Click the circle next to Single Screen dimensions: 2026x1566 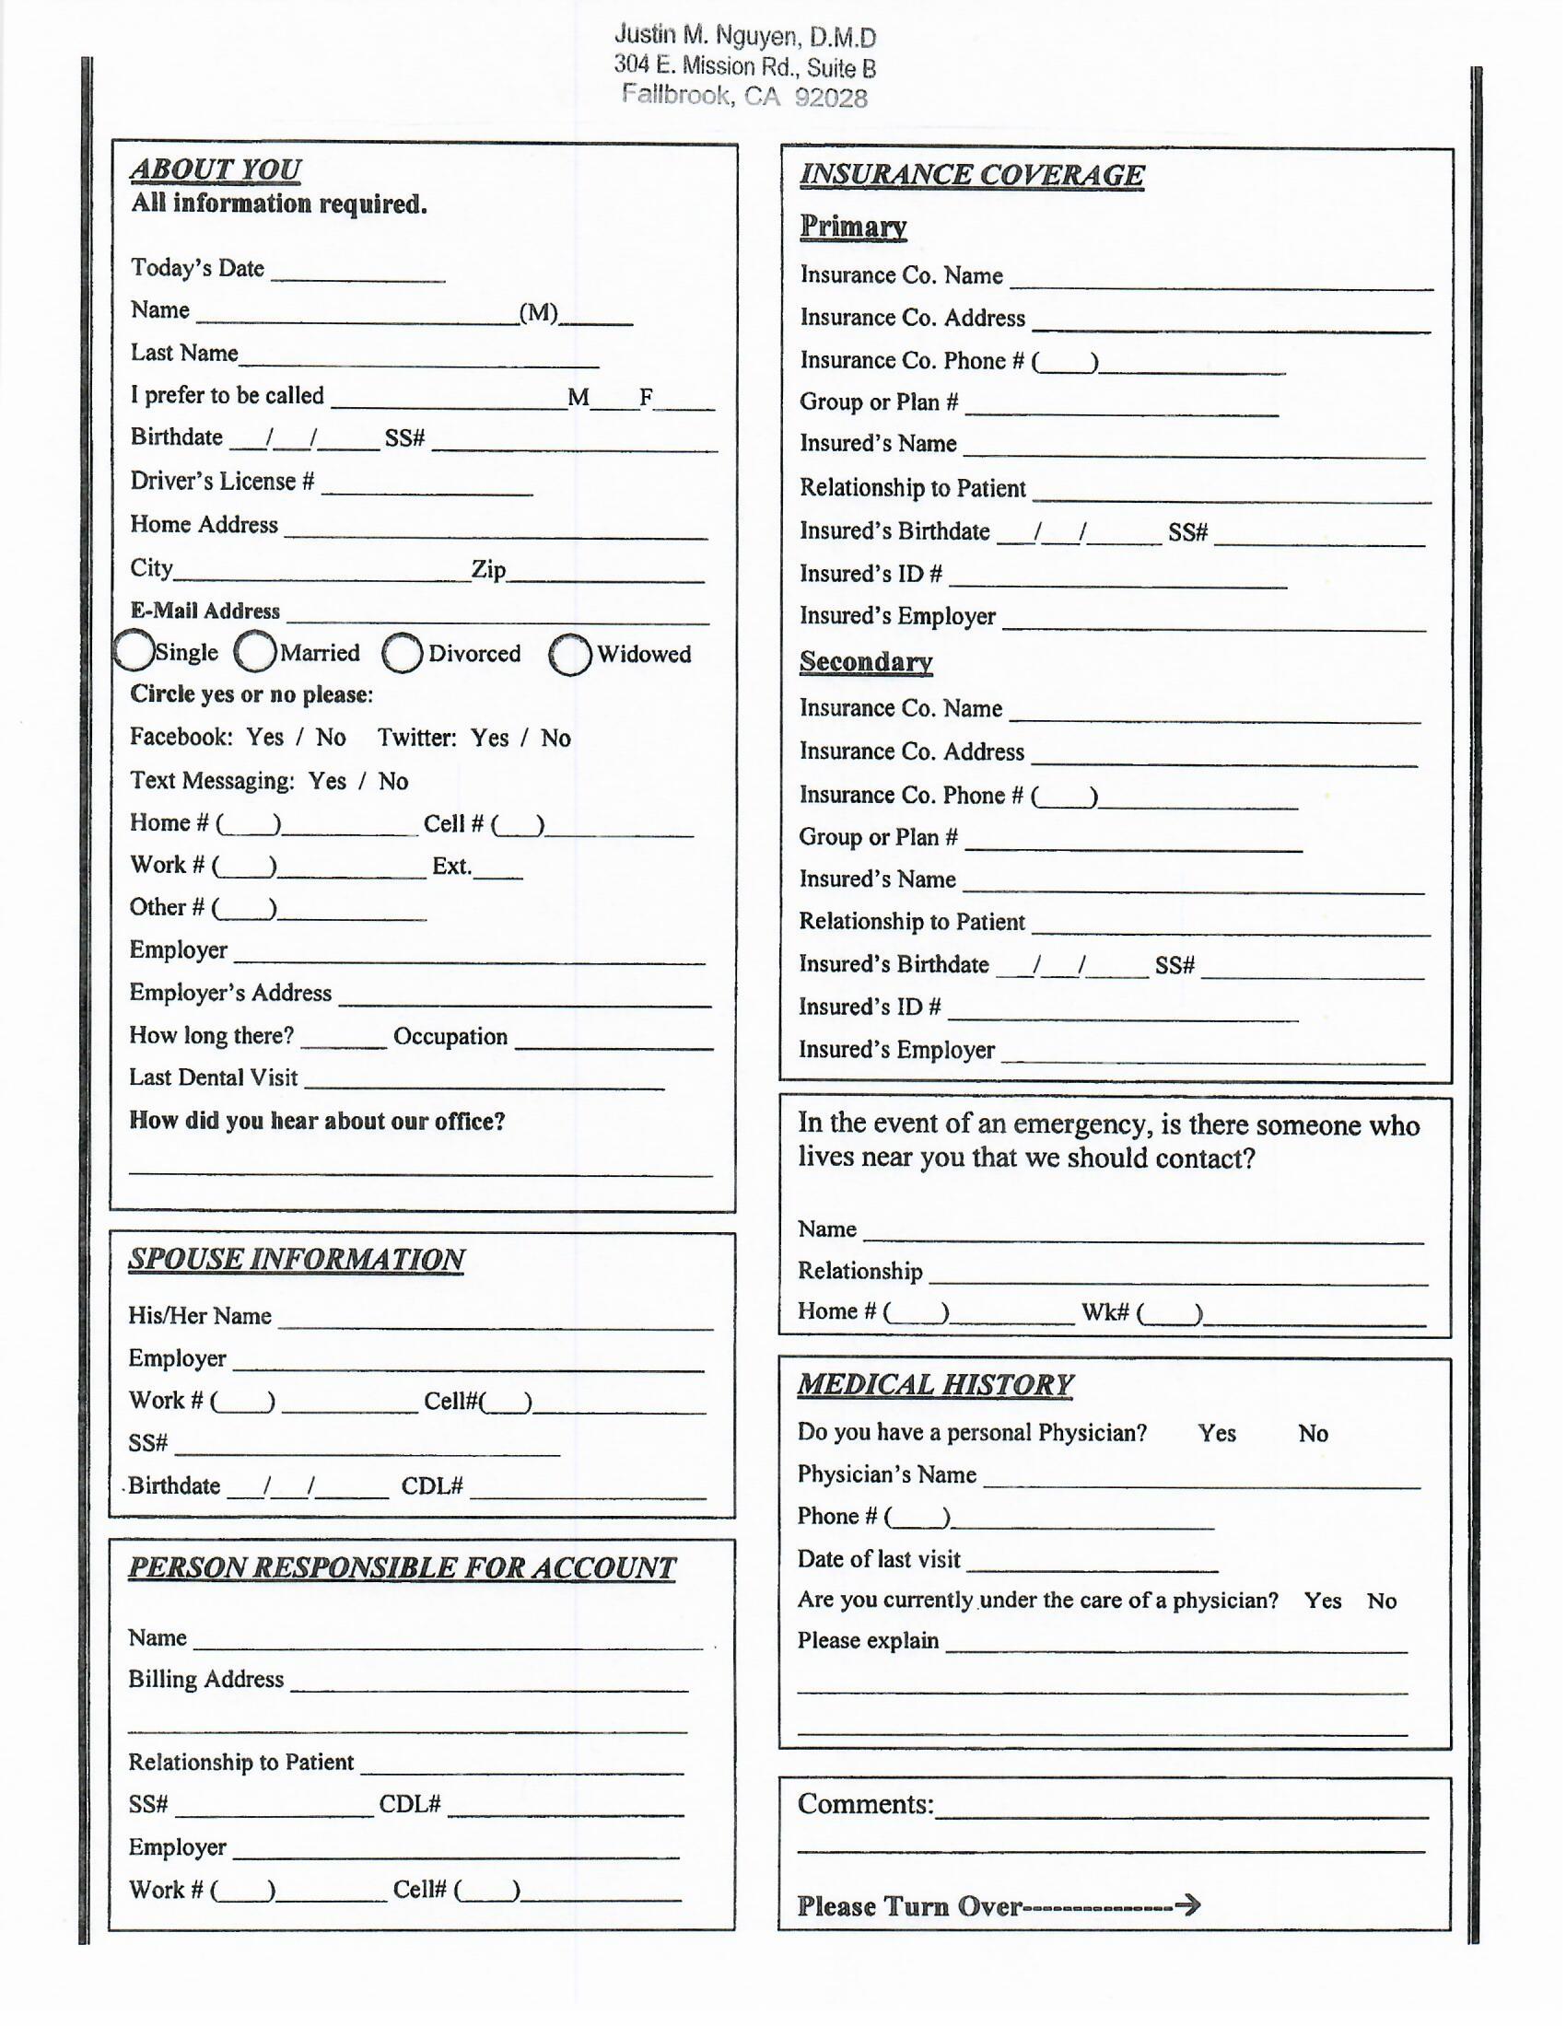point(133,650)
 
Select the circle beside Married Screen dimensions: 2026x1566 point(255,651)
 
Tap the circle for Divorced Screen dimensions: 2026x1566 point(403,653)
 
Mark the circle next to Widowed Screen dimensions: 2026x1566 point(569,655)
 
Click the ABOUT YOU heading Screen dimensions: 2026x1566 point(216,169)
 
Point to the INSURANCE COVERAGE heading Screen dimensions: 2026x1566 point(971,175)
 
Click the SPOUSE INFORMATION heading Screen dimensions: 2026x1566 point(296,1259)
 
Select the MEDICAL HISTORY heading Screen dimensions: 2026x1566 point(934,1384)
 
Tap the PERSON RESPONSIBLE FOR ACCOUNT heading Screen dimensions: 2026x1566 point(402,1566)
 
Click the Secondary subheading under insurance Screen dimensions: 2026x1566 point(866,661)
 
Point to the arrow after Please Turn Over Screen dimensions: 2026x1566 point(1187,1905)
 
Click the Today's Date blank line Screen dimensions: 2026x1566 point(358,275)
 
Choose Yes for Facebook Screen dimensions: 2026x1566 point(264,738)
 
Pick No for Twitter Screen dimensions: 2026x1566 point(555,739)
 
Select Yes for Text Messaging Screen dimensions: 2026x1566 point(327,781)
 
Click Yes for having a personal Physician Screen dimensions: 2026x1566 point(1216,1433)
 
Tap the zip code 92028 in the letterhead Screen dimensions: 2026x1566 point(830,99)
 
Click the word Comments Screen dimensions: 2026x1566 point(864,1804)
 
